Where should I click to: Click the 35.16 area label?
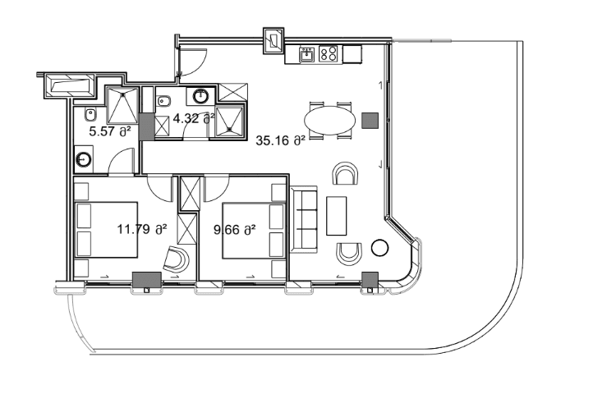(280, 140)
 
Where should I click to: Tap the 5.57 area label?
(109, 130)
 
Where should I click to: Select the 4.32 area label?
(194, 117)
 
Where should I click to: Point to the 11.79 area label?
(142, 229)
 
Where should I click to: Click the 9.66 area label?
(235, 230)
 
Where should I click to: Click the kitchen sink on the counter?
(306, 55)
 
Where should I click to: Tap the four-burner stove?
(329, 54)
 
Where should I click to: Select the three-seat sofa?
(304, 218)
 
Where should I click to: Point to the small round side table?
(379, 247)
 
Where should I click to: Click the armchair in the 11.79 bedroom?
(175, 260)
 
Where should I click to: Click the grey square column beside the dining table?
(370, 120)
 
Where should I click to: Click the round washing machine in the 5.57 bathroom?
(85, 158)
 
